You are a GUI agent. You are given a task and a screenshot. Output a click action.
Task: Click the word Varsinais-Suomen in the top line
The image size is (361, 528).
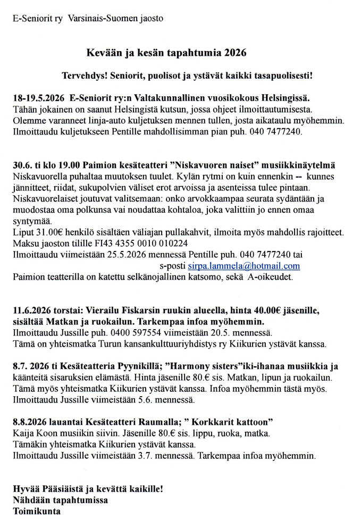click(100, 18)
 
